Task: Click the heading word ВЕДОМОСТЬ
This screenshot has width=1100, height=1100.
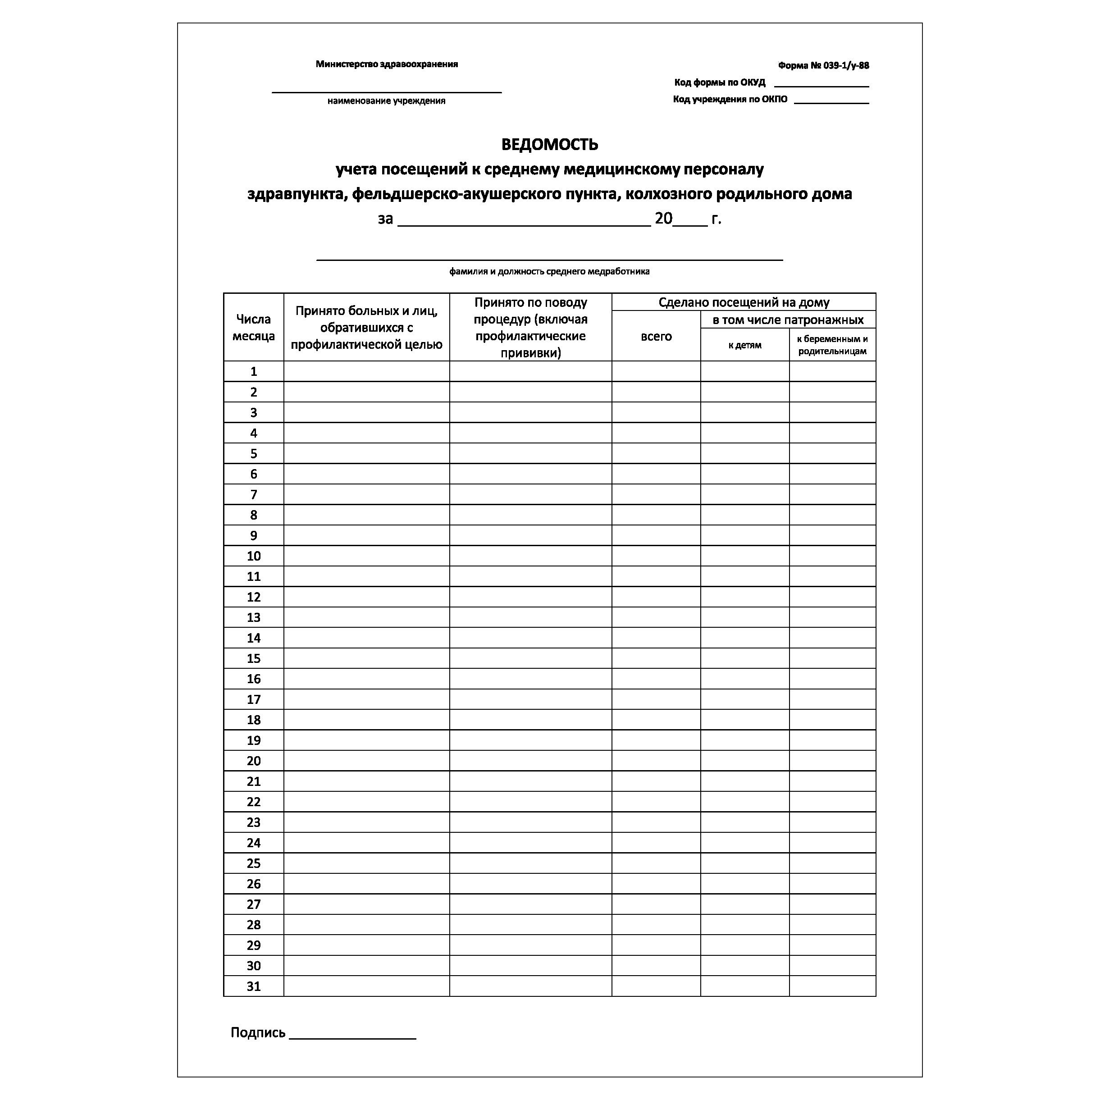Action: [549, 145]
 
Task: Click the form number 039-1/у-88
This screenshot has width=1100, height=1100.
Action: [823, 65]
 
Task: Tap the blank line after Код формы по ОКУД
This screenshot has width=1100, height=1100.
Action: [821, 84]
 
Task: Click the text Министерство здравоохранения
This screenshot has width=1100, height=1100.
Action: [387, 64]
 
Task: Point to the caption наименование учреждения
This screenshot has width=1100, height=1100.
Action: [386, 101]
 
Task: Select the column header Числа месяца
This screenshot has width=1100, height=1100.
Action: [253, 327]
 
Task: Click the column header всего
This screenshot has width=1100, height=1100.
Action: [656, 336]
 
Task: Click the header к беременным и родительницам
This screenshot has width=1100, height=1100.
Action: [832, 345]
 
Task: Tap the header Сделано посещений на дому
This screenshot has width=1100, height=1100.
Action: [744, 302]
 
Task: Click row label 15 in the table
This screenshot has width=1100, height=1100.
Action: [253, 659]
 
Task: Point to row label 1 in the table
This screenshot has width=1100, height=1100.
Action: [253, 372]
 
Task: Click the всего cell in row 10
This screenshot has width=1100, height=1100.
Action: [656, 556]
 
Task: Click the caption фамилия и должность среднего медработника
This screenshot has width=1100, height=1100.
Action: [549, 272]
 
